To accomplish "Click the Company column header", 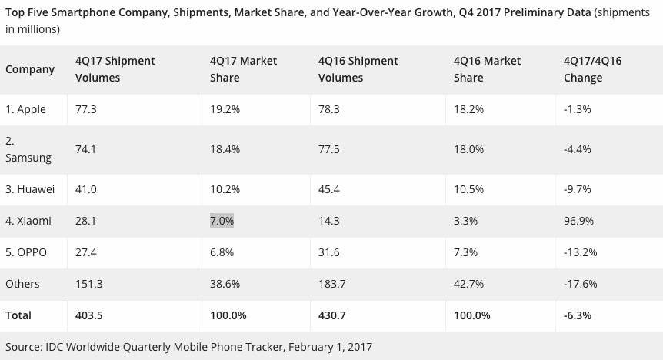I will pos(30,69).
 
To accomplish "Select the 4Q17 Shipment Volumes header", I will pos(115,69).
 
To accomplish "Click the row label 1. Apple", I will pos(26,109).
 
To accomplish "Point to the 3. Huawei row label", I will pos(31,189).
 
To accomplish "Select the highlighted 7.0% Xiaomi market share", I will pos(222,221).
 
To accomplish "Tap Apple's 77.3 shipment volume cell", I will pos(86,109).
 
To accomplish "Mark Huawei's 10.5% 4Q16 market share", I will pos(468,189).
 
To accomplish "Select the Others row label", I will pos(22,284).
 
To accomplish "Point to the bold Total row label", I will pos(19,315).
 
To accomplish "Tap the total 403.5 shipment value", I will pos(90,315).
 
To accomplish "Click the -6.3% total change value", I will pos(578,315).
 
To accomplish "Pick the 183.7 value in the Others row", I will pos(334,284).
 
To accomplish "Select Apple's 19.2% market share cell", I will pos(225,109).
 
